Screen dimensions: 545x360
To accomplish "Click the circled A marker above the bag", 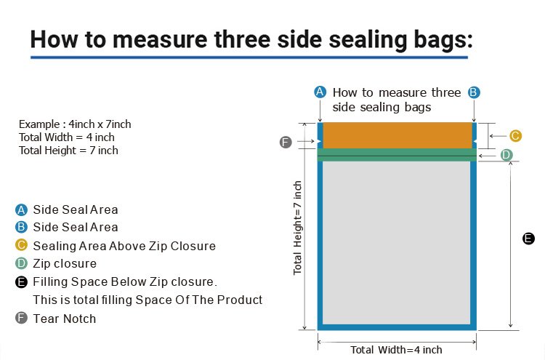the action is click(320, 92).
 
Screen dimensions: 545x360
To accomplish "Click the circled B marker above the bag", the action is click(473, 92).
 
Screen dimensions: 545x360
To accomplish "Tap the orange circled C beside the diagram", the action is click(515, 136).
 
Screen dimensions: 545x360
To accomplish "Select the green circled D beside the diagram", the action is click(506, 155).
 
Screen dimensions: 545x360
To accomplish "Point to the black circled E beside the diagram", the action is click(528, 239).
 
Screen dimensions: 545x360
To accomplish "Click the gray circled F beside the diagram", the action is click(286, 142).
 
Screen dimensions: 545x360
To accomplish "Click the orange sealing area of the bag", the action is click(397, 135).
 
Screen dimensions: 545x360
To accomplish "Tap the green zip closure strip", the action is click(397, 155).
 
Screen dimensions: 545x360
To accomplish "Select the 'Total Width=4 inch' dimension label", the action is click(396, 350).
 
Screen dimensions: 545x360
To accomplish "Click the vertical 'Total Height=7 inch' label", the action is click(297, 228).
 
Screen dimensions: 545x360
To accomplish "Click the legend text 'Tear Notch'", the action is click(65, 319).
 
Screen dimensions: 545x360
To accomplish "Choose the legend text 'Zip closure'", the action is click(65, 264).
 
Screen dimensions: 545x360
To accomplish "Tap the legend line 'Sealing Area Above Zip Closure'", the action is click(124, 246).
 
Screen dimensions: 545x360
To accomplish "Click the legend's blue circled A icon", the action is click(21, 209).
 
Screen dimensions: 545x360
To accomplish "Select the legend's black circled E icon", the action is click(21, 281).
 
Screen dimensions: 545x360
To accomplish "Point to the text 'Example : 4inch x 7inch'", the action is click(75, 124).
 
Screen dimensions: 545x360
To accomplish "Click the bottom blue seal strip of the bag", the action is click(397, 327).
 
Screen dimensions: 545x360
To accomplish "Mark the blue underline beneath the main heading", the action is click(249, 57).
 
